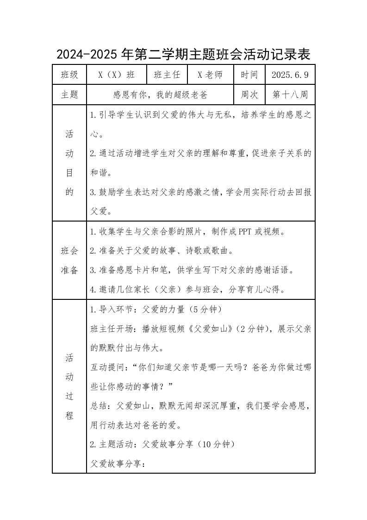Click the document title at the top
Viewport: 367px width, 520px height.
(x=183, y=54)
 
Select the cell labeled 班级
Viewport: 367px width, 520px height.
(x=69, y=75)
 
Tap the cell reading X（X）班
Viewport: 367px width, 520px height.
(x=117, y=75)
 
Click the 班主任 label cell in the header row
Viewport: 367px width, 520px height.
(x=167, y=75)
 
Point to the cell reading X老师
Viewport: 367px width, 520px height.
(x=210, y=75)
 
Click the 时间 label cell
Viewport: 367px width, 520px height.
(x=250, y=75)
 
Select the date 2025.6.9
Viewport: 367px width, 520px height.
(x=290, y=75)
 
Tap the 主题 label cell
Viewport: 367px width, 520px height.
(x=69, y=95)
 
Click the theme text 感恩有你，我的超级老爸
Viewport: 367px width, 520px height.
(x=161, y=95)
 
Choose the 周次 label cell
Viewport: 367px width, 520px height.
(x=250, y=95)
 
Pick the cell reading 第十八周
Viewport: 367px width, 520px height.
(x=290, y=95)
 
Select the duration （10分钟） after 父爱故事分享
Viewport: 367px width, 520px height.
(x=214, y=444)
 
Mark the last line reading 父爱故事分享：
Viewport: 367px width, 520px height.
(x=118, y=463)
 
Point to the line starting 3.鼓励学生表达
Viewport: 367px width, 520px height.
(x=201, y=192)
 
